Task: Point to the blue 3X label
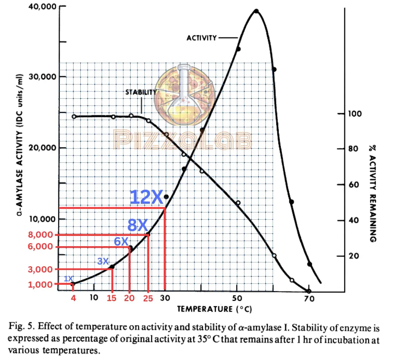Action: tap(103, 262)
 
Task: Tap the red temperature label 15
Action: tap(111, 298)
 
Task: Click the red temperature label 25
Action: tap(148, 298)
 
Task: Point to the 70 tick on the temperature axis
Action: tap(309, 298)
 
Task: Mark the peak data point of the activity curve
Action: tap(256, 11)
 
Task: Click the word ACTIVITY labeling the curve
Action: tap(202, 38)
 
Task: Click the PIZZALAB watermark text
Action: tap(183, 140)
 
